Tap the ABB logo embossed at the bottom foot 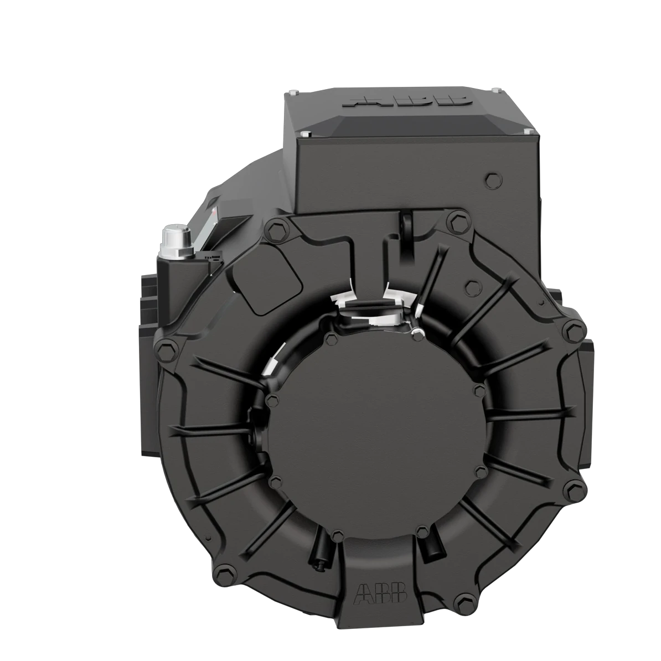(x=381, y=592)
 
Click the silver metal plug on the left (x=175, y=239)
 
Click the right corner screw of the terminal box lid (x=528, y=131)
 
